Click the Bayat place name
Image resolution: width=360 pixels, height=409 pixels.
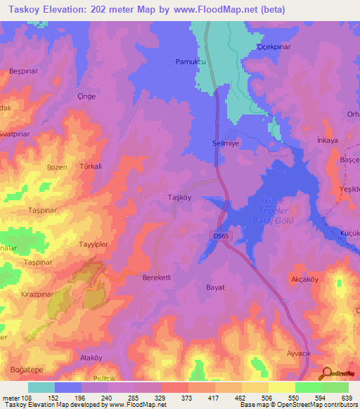click(x=215, y=287)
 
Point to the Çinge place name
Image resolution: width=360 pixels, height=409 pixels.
click(x=86, y=96)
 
